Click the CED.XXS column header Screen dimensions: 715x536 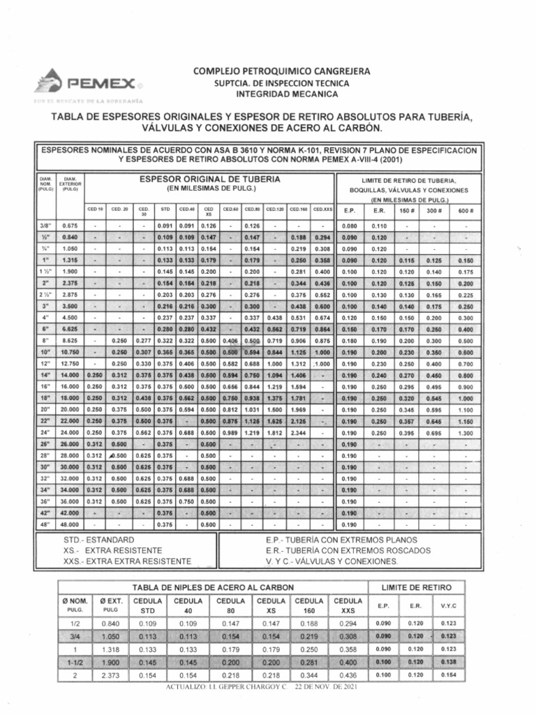point(322,209)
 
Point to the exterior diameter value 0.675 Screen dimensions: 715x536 point(70,226)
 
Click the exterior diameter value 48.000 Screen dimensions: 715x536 point(70,524)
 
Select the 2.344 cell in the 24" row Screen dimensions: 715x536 point(298,433)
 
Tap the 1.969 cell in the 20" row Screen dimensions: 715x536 point(298,408)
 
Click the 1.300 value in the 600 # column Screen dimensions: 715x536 point(466,433)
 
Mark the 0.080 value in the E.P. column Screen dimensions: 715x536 point(349,226)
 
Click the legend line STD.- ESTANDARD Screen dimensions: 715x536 point(98,540)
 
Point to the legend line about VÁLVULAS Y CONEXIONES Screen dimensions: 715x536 point(330,561)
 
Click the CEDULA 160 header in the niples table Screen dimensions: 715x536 point(309,605)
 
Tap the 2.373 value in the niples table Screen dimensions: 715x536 point(110,675)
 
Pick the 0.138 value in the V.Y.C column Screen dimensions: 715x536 point(449,662)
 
